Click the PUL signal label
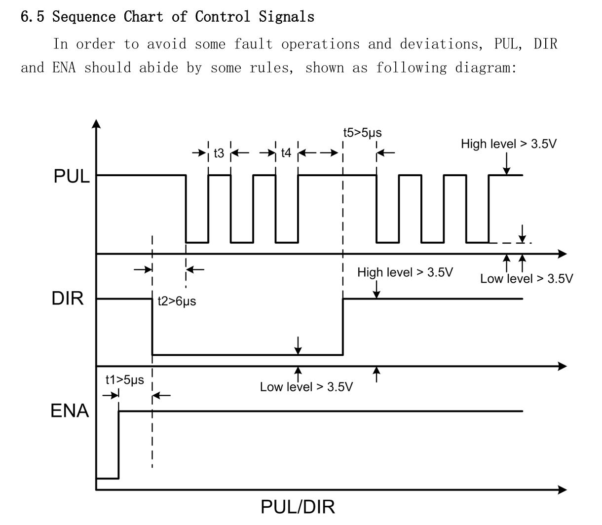point(72,176)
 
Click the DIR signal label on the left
point(68,299)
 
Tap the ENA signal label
point(70,411)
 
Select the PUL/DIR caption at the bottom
point(298,506)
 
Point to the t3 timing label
point(219,153)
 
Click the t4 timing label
point(286,153)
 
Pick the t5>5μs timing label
point(363,133)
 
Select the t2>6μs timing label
point(177,301)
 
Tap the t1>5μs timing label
point(125,380)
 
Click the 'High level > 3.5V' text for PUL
point(509,144)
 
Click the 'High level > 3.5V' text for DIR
point(405,272)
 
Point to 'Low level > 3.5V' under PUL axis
point(527,279)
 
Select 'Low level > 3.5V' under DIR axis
point(306,387)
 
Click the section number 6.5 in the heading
point(33,17)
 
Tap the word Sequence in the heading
point(84,17)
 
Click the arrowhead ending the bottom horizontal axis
point(563,490)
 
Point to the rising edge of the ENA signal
point(118,444)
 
